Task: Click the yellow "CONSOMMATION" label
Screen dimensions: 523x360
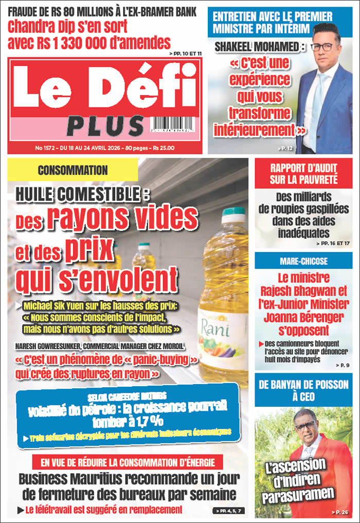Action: (x=73, y=170)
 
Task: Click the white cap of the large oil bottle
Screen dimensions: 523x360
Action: (x=233, y=215)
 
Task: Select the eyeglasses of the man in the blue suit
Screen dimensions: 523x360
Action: (x=322, y=47)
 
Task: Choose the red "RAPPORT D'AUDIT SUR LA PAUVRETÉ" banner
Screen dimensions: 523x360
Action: (x=303, y=173)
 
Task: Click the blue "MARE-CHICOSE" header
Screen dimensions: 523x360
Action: (x=303, y=261)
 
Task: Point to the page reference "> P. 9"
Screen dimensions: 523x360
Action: (x=341, y=365)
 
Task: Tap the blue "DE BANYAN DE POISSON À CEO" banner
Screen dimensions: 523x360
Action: (x=303, y=390)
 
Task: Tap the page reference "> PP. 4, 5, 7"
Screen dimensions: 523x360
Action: (x=227, y=511)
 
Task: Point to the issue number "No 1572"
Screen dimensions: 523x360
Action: (x=46, y=148)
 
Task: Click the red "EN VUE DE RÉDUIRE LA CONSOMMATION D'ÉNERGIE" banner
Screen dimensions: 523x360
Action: (x=128, y=461)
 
